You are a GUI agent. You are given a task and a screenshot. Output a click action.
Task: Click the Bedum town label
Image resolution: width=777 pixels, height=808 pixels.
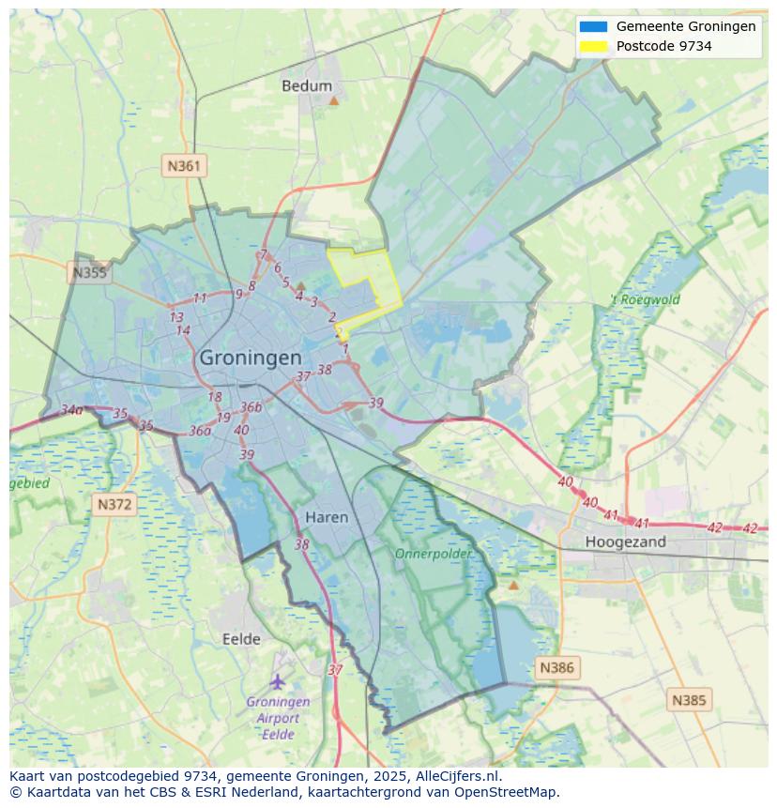point(307,86)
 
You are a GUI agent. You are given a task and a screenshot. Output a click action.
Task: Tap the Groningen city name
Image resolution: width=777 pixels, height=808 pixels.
point(251,358)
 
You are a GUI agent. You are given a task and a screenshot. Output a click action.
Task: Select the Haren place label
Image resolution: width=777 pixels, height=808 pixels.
point(327,517)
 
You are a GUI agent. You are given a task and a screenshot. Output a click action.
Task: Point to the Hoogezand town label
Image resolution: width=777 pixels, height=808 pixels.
point(625,541)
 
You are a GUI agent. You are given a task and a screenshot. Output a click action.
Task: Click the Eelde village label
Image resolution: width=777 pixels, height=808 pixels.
point(241,639)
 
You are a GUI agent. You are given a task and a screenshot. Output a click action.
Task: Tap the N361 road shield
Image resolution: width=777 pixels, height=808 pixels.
point(184,166)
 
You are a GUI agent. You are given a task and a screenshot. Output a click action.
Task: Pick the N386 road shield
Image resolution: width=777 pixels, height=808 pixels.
point(556,668)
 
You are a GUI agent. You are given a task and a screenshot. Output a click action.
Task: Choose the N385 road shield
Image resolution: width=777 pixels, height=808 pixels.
point(690,699)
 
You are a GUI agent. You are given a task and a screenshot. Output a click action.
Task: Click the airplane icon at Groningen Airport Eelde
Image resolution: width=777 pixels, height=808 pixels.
point(278,680)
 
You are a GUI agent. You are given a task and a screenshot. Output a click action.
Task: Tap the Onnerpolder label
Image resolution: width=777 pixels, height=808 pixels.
point(433,554)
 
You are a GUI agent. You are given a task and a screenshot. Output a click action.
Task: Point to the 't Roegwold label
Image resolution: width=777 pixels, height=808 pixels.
point(645,300)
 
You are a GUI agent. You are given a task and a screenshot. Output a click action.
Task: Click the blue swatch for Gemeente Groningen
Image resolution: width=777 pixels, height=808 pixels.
point(594,27)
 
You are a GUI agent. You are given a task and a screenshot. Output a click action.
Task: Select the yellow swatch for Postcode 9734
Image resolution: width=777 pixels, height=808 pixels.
point(594,46)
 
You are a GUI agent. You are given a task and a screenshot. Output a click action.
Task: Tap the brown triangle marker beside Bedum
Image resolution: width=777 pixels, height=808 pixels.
point(333,99)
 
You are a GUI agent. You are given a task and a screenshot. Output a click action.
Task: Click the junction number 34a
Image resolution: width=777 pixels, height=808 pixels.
point(71,410)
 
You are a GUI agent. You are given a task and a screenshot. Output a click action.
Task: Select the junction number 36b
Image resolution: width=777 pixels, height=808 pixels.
point(251,406)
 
